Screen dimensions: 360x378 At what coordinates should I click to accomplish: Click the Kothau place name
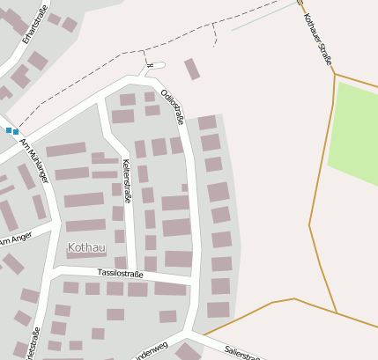pyautogui.click(x=85, y=248)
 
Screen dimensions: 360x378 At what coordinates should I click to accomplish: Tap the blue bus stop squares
pyautogui.click(x=12, y=131)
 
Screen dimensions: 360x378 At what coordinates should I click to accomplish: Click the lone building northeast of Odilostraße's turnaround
pyautogui.click(x=192, y=69)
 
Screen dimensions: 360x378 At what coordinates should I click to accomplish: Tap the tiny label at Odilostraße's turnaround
pyautogui.click(x=151, y=65)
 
